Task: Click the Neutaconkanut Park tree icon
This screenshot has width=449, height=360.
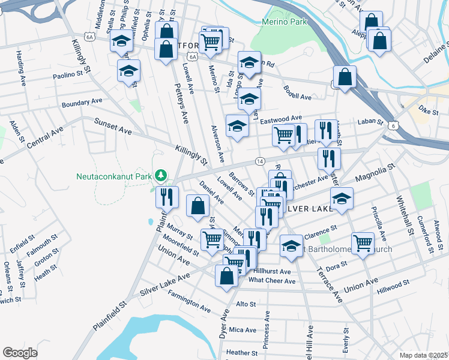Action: click(160, 175)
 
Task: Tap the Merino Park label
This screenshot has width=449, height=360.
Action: click(285, 22)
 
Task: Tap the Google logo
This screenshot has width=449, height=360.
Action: click(20, 353)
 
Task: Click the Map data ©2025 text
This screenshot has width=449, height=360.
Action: click(423, 355)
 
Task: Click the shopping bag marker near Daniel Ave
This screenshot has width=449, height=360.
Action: click(198, 206)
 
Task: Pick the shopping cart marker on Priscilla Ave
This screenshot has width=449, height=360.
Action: click(363, 243)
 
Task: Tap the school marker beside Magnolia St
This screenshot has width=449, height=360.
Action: click(342, 199)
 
